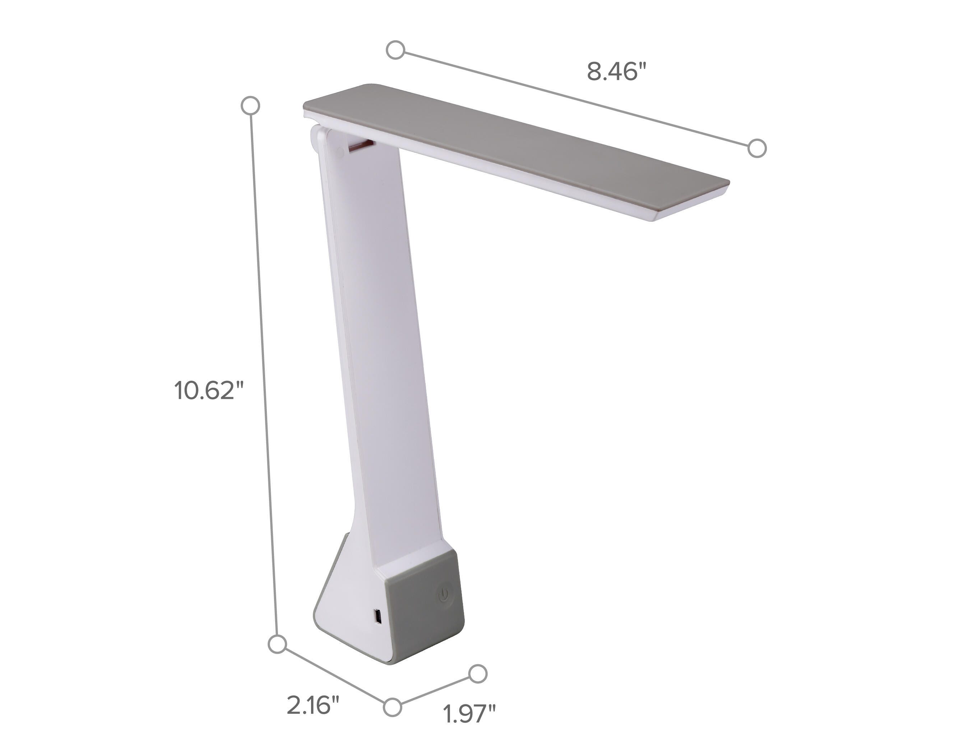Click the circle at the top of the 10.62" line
[x=250, y=106]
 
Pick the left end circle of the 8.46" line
[x=395, y=50]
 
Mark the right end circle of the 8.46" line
[x=757, y=148]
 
